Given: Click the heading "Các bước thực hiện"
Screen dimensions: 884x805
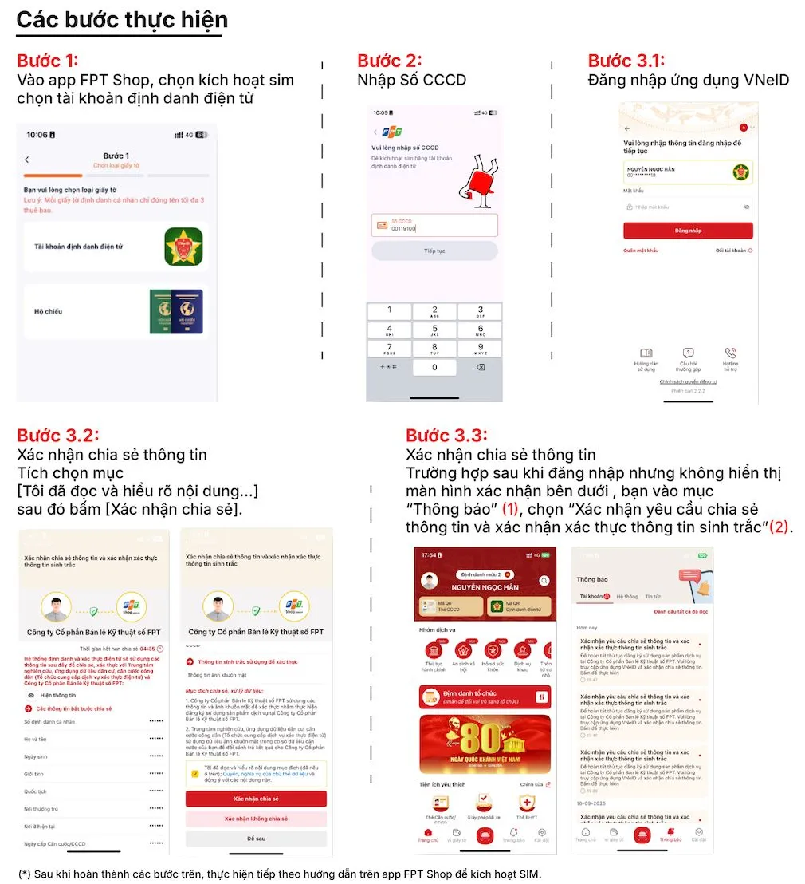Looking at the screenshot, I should coord(122,20).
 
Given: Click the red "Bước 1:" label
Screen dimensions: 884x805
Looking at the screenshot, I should coord(48,61).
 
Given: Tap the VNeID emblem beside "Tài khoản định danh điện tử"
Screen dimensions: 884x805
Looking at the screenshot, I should coord(183,247).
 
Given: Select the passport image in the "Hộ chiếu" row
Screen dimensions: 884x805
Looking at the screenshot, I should coord(176,311).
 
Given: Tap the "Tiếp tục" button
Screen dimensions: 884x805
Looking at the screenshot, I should coord(434,251).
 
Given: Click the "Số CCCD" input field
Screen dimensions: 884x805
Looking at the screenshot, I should coord(434,225).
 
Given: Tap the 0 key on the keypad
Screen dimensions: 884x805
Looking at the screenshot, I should coord(434,367).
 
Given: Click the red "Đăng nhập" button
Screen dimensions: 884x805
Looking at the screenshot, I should coord(688,231).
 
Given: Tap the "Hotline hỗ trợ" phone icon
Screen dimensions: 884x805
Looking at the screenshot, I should coord(730,353).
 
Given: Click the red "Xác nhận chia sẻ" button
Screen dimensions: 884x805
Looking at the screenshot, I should coord(256,799).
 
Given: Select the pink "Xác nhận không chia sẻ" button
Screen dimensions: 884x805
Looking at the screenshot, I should coord(256,819).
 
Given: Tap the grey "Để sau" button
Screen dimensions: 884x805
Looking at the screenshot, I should coord(256,839).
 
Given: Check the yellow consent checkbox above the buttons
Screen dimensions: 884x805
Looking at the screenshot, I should coord(195,773).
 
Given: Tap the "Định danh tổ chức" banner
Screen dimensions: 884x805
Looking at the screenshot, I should coord(484,697).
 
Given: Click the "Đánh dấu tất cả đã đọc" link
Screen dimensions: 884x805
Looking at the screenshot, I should coord(680,612).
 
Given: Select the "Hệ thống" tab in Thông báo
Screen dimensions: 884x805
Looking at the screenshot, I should coord(626,596).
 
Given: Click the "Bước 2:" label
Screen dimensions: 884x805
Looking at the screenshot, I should coord(389,61).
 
